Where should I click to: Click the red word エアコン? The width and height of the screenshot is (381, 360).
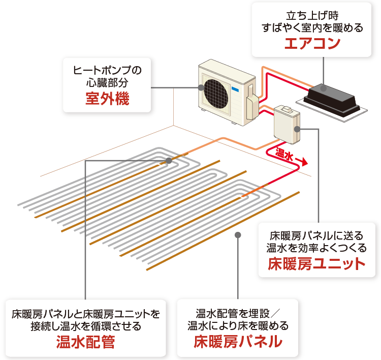point(312,44)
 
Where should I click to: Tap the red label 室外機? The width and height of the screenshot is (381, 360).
point(107,98)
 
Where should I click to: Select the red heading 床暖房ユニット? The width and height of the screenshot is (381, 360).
point(317,264)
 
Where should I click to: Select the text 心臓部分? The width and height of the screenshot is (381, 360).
point(107,82)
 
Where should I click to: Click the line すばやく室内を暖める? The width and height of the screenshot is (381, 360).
point(312,28)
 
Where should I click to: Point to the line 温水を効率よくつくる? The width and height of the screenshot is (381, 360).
point(317,248)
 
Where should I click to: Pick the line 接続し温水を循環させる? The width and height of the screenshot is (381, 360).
point(85,326)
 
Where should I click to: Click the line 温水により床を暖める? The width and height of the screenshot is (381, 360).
point(238,326)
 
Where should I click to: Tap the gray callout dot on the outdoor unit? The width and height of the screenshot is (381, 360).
point(201,87)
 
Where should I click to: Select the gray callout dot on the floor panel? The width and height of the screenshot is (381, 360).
point(238,235)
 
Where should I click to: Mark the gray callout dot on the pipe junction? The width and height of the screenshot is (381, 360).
point(168,161)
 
